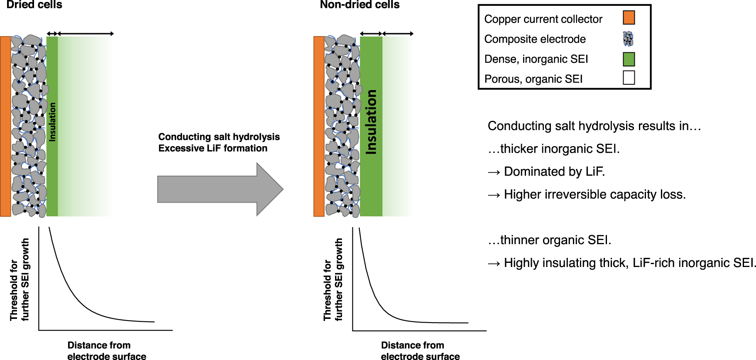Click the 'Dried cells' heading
pos(34,5)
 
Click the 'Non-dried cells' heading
pos(359,5)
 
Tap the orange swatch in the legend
pos(629,18)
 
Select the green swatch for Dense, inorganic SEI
pos(629,59)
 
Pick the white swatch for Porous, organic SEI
pos(629,78)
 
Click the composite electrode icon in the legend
pos(628,39)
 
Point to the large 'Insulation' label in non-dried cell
pos(371,122)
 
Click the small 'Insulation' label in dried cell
pos(52,122)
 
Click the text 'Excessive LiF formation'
pos(213,148)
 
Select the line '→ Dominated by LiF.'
pos(546,171)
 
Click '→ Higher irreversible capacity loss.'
pos(586,194)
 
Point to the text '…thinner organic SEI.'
pos(549,240)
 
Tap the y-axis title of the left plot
pos(20,279)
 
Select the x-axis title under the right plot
pos(420,350)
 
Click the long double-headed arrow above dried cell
pos(85,34)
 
